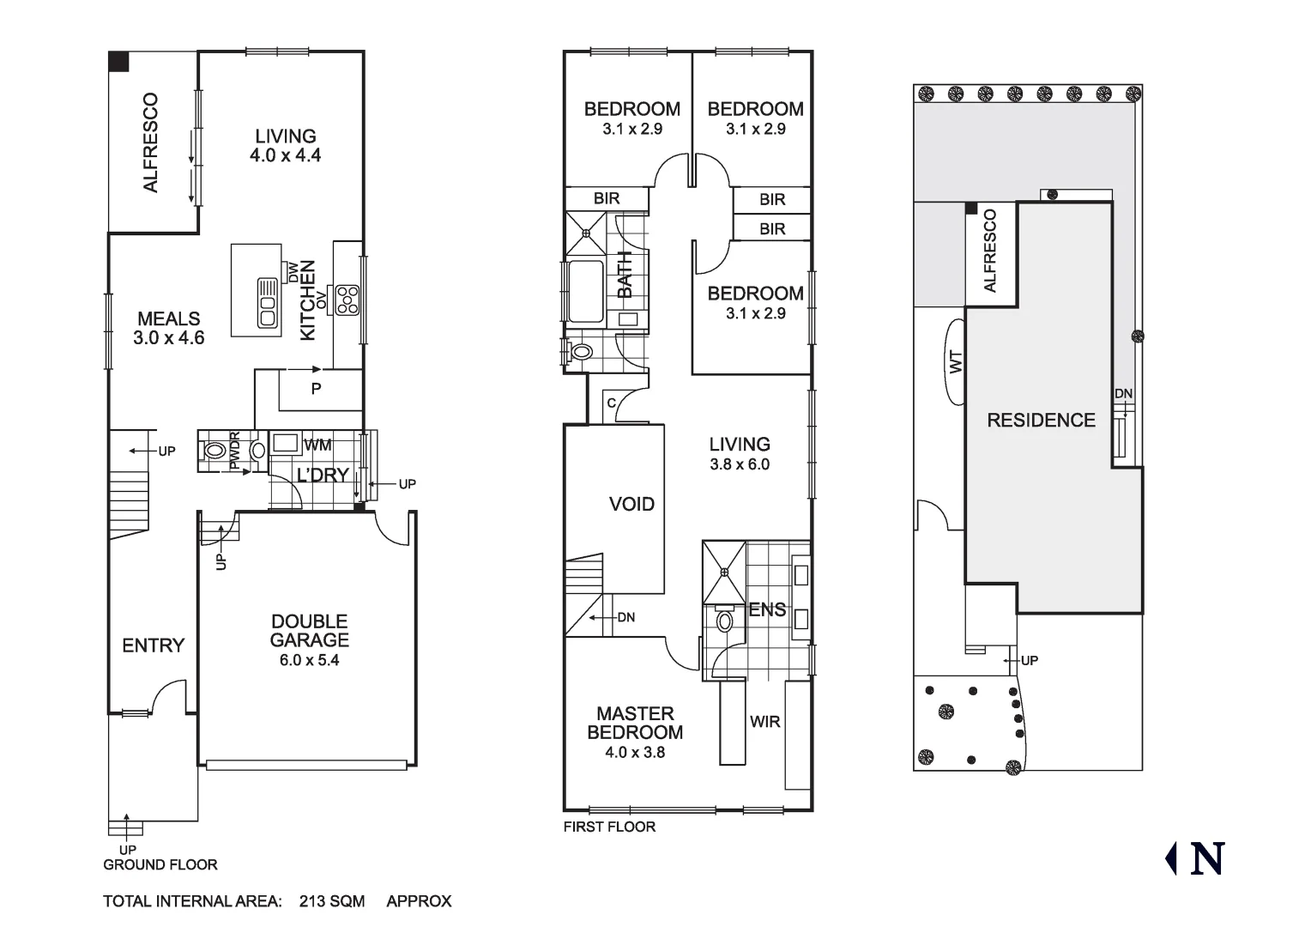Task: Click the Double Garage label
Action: pos(309,631)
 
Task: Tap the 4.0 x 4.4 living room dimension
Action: pos(285,155)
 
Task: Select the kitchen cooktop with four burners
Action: pos(347,300)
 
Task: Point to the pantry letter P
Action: pos(316,389)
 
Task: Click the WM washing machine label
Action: pos(317,445)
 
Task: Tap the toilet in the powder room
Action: pos(214,451)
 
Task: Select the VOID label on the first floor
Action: pos(631,504)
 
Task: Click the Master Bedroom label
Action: pos(635,723)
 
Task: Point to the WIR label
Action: pos(764,722)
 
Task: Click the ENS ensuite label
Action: pos(766,609)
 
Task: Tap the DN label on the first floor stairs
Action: pos(626,617)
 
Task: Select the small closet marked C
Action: pos(611,403)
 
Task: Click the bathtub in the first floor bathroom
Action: pos(586,291)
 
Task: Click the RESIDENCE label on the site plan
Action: pos(1041,420)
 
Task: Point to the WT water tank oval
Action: pos(956,361)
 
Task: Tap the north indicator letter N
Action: pos(1206,858)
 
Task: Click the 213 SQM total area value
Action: pos(332,901)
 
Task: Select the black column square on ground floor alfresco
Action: pos(118,62)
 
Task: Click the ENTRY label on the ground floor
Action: pos(153,645)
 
